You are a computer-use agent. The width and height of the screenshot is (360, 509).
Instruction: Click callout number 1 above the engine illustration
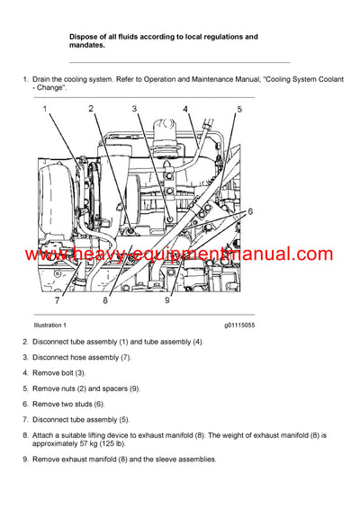(48, 108)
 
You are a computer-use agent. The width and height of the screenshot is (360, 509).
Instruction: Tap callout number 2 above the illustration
(90, 108)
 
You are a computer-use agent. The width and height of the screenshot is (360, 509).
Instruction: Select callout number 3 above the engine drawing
(134, 108)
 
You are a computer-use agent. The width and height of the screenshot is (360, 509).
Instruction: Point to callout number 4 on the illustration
(185, 109)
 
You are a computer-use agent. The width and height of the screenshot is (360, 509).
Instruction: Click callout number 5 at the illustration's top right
(239, 110)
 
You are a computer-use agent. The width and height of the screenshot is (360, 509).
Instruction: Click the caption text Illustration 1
(57, 325)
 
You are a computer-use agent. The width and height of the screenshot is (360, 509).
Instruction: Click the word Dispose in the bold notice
(85, 37)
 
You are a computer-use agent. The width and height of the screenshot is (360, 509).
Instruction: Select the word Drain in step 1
(43, 80)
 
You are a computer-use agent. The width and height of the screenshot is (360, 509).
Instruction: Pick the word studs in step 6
(91, 404)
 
